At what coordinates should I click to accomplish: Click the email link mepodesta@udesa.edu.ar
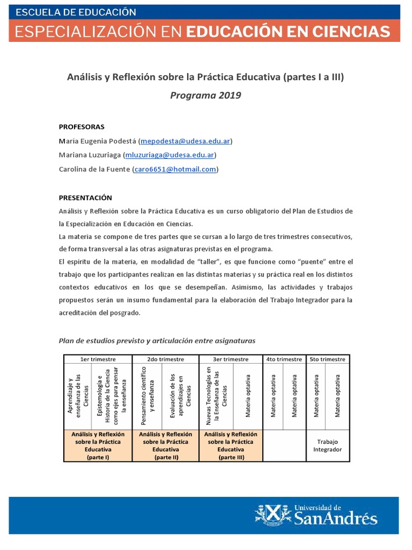[x=185, y=141]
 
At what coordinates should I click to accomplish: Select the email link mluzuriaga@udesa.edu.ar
[x=170, y=155]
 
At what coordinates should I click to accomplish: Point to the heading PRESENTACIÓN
[x=85, y=198]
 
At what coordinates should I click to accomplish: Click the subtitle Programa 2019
[x=205, y=96]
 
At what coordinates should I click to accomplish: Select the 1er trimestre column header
[x=98, y=359]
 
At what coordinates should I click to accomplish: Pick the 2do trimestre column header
[x=165, y=359]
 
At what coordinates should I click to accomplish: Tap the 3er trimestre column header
[x=231, y=359]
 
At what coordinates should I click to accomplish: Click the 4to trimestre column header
[x=284, y=359]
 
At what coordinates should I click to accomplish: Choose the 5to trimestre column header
[x=327, y=359]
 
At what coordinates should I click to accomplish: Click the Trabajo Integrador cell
[x=327, y=446]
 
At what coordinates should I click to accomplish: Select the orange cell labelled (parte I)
[x=98, y=446]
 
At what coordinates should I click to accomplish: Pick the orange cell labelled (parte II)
[x=165, y=446]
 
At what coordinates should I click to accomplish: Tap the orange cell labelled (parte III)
[x=231, y=446]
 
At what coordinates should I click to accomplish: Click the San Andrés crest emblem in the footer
[x=271, y=515]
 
